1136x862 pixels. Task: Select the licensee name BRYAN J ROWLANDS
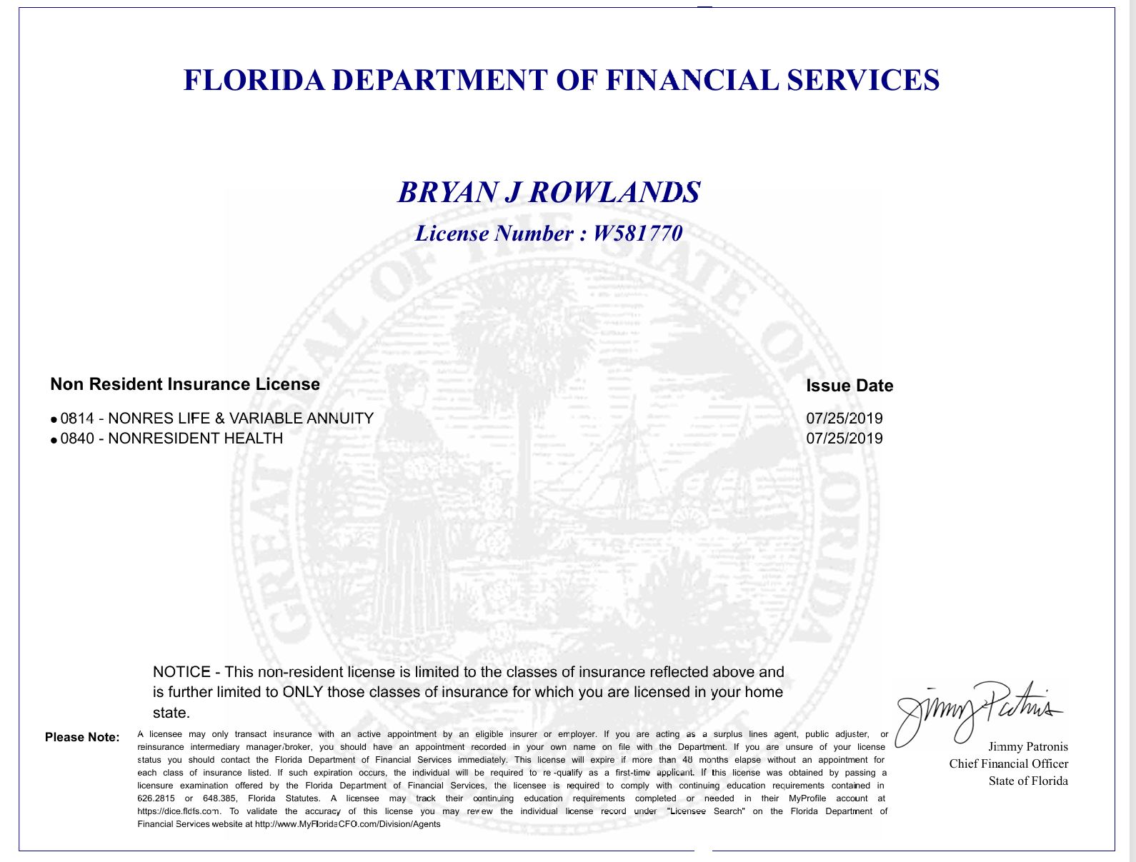click(549, 192)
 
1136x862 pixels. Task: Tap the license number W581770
click(637, 234)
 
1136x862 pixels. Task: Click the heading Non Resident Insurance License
click(185, 384)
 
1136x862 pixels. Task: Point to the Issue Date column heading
click(849, 386)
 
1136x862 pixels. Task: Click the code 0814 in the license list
click(77, 419)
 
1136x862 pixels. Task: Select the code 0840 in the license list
click(77, 438)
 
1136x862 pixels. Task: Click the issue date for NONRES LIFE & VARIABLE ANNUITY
click(844, 419)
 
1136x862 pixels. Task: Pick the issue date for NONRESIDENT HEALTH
click(844, 438)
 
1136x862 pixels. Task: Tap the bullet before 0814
click(54, 421)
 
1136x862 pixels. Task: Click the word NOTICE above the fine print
click(181, 672)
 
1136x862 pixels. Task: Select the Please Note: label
click(82, 737)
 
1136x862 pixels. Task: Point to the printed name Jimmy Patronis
click(1028, 747)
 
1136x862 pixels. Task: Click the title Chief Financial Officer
click(1008, 764)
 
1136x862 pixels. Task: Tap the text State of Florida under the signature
click(1028, 781)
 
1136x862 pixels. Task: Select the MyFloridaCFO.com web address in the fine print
click(347, 824)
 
